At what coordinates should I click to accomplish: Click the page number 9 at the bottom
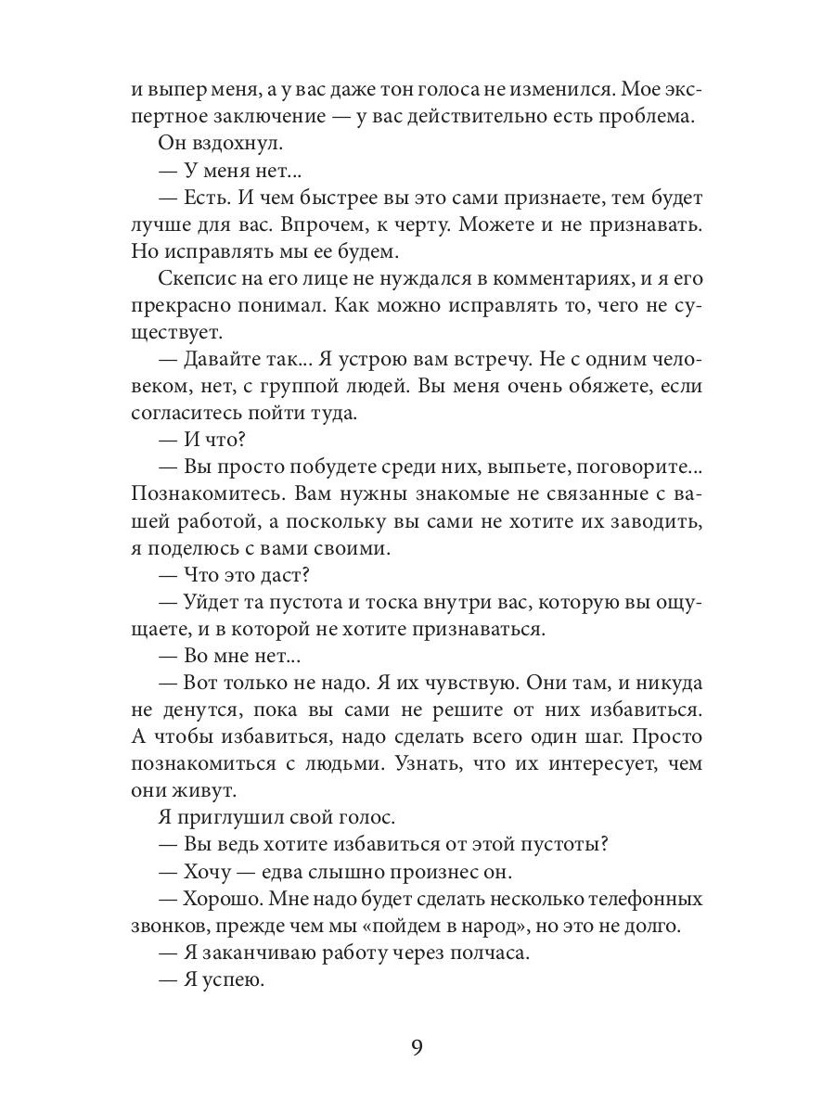[x=417, y=1048]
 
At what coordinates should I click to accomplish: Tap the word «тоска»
[x=363, y=603]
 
